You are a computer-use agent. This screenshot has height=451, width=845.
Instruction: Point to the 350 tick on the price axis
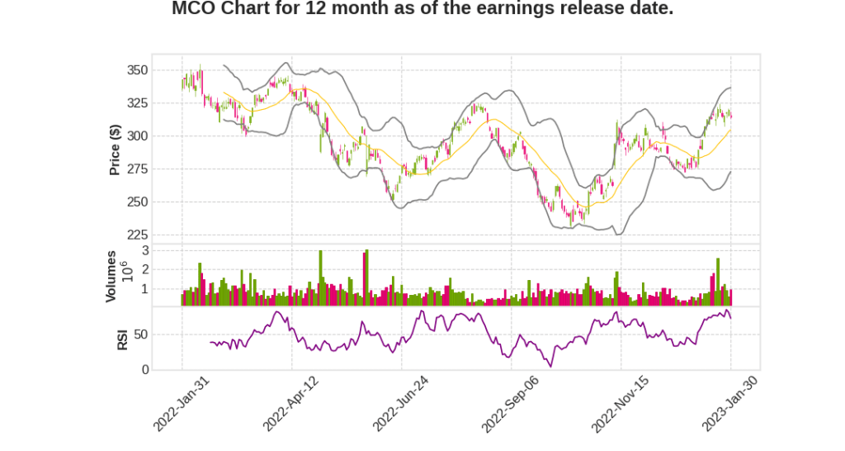pyautogui.click(x=137, y=70)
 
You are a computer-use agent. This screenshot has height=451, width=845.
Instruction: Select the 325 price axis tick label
pyautogui.click(x=137, y=103)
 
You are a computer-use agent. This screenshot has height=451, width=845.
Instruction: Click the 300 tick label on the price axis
pyautogui.click(x=137, y=135)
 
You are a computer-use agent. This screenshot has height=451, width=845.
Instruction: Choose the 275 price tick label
pyautogui.click(x=137, y=169)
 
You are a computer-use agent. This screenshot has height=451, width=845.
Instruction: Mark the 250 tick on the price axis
pyautogui.click(x=137, y=202)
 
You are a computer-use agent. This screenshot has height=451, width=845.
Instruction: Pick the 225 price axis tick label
pyautogui.click(x=137, y=235)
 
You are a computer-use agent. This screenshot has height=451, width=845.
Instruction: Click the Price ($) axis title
pyautogui.click(x=116, y=150)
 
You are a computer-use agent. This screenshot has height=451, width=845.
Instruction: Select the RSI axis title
pyautogui.click(x=122, y=339)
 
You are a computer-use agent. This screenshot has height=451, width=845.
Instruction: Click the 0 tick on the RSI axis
pyautogui.click(x=145, y=369)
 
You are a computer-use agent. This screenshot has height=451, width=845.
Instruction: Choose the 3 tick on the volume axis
pyautogui.click(x=145, y=249)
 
